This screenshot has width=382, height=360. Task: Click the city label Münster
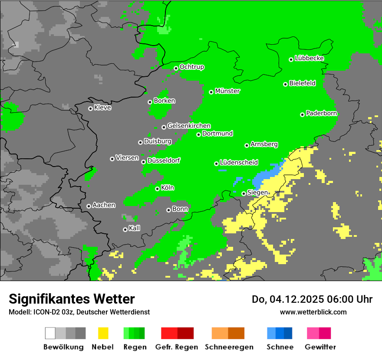(227, 91)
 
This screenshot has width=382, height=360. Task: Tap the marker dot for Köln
(158, 189)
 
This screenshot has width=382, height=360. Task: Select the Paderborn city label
(321, 114)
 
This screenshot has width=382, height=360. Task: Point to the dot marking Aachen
(89, 206)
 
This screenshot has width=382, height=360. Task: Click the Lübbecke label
(309, 58)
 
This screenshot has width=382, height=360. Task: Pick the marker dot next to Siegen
(244, 193)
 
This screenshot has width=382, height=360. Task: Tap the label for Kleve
(102, 108)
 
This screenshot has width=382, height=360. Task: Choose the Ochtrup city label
(191, 67)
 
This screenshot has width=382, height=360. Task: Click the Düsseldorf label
(164, 160)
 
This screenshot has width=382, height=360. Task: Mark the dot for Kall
(125, 229)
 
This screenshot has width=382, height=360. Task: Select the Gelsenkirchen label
(189, 126)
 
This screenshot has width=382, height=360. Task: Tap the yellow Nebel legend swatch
(103, 333)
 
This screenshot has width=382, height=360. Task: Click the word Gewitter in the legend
(320, 347)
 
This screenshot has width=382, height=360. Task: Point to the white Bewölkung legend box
(50, 333)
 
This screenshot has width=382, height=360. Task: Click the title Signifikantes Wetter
(72, 299)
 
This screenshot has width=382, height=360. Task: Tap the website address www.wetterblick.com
(313, 312)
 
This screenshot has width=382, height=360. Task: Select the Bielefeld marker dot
(286, 84)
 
